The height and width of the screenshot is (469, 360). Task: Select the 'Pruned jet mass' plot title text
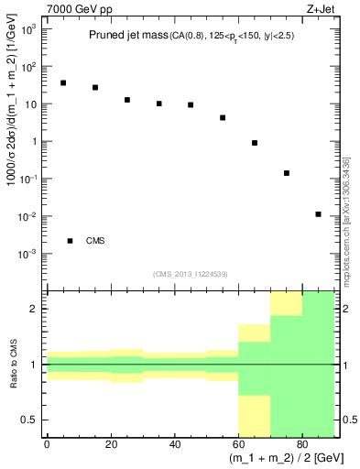coord(126,36)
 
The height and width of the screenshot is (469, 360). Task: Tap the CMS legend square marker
coord(70,241)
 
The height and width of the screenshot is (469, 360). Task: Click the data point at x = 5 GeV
coord(63,82)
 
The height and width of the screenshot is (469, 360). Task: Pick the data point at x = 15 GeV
coord(95,88)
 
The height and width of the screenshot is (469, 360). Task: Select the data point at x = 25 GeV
coord(127,100)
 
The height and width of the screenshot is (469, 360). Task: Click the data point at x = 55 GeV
coord(223,118)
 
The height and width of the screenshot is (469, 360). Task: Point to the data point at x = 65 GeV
coord(255,143)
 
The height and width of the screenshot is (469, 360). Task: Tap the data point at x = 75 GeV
coord(287,173)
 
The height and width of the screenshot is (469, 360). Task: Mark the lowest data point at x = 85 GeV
coord(318,214)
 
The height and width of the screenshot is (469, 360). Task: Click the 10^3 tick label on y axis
coord(29,29)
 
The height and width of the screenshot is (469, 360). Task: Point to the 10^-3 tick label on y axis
coord(29,254)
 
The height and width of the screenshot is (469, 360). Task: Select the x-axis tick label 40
coord(174,443)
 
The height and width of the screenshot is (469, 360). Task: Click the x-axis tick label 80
coord(302,443)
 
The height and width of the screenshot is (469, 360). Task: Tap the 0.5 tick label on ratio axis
coord(32,420)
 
